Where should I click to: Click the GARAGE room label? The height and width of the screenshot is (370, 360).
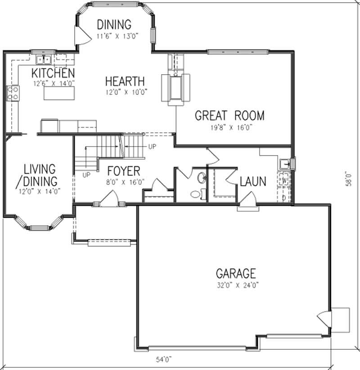[x=236, y=273]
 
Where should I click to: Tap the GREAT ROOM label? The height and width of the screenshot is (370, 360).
[x=229, y=116]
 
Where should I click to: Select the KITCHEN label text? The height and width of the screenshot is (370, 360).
[x=53, y=73]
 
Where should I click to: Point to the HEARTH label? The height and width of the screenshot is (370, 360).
[x=125, y=81]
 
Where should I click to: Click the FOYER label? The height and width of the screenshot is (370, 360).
[x=124, y=171]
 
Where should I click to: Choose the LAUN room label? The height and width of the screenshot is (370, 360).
[x=252, y=182]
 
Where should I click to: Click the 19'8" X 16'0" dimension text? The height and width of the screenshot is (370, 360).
[x=229, y=127]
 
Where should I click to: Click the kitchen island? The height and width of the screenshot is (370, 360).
[x=59, y=93]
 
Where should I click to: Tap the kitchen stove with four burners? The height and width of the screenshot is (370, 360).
[x=13, y=93]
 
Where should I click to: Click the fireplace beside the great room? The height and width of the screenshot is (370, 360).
[x=176, y=88]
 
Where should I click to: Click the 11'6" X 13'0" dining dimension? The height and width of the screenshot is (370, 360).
[x=114, y=36]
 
